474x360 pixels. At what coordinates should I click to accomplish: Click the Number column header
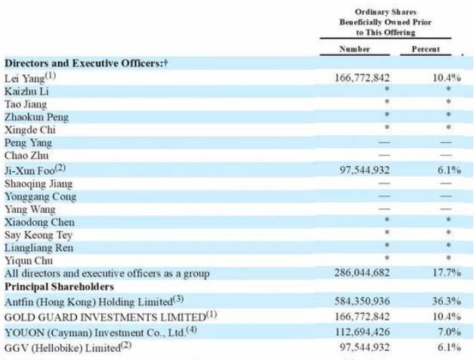[355, 49]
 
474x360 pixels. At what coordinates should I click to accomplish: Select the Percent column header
[426, 49]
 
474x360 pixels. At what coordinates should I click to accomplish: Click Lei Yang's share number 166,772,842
[362, 78]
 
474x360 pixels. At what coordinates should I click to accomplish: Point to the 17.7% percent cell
[447, 272]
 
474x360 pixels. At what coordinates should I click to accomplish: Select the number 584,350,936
[362, 301]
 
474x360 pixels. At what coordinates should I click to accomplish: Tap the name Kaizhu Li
[26, 91]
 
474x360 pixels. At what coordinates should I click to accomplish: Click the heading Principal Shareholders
[59, 287]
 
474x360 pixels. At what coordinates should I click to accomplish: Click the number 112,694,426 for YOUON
[362, 332]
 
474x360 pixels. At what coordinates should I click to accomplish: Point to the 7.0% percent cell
[449, 332]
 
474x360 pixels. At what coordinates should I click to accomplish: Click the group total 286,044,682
[362, 272]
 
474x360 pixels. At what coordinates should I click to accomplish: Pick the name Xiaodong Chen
[39, 222]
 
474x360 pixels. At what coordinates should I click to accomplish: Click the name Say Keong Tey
[38, 235]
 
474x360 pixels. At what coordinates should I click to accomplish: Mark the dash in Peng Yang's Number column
[384, 143]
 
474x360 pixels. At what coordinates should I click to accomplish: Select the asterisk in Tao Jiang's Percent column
[448, 101]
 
